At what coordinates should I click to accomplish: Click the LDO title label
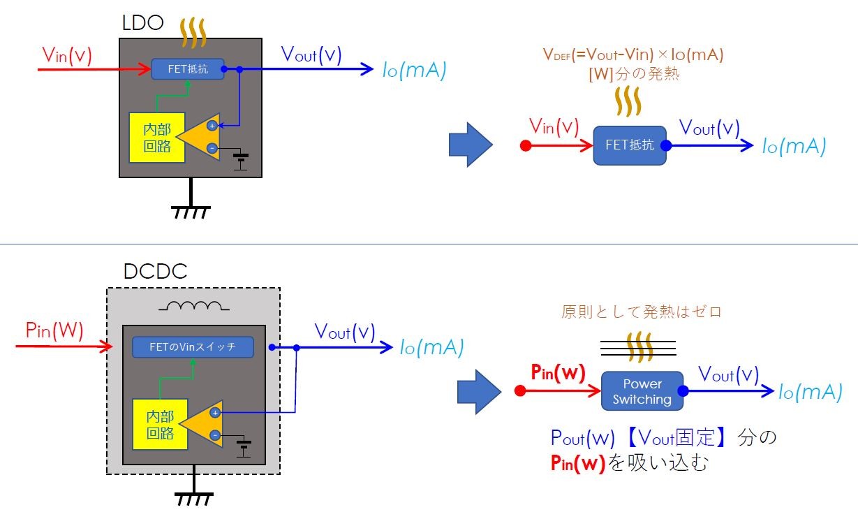[142, 23]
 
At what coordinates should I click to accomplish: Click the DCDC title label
[155, 271]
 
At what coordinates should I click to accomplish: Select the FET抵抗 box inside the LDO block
[188, 69]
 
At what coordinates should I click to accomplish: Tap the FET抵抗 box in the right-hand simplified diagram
[630, 145]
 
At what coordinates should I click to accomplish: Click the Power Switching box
[642, 391]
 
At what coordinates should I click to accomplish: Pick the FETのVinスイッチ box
[193, 347]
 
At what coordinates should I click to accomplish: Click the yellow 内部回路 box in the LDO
[157, 138]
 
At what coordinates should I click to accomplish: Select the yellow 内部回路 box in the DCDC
[160, 424]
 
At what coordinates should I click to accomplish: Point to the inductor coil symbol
[194, 305]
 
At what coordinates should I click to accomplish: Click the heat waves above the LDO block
[193, 33]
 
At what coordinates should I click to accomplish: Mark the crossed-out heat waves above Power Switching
[638, 347]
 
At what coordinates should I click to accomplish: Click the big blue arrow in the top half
[471, 145]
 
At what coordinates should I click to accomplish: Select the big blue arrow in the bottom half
[479, 392]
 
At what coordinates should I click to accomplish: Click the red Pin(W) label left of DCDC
[54, 330]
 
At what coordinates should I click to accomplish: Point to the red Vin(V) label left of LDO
[67, 55]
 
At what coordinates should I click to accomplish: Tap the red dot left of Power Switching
[520, 391]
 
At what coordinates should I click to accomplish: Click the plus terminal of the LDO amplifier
[212, 125]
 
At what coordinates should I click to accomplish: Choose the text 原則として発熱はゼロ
[642, 312]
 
